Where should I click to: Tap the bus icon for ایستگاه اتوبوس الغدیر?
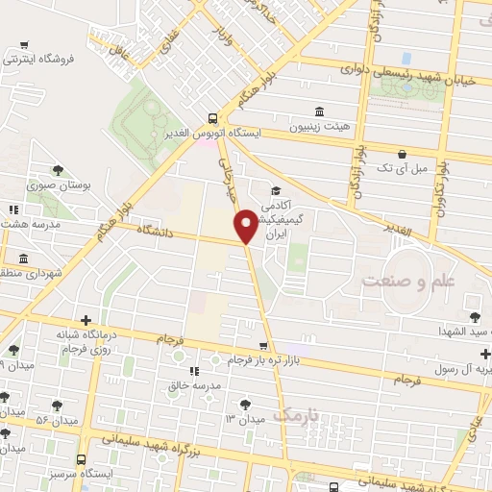pos(212,118)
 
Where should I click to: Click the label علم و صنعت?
pos(403,280)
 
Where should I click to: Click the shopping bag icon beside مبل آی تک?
pos(402,153)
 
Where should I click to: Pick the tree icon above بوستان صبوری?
pos(58,170)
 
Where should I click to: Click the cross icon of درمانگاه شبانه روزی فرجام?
pos(86,320)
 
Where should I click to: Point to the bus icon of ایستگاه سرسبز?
pos(81,460)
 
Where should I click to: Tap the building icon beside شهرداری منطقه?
pos(22,258)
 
